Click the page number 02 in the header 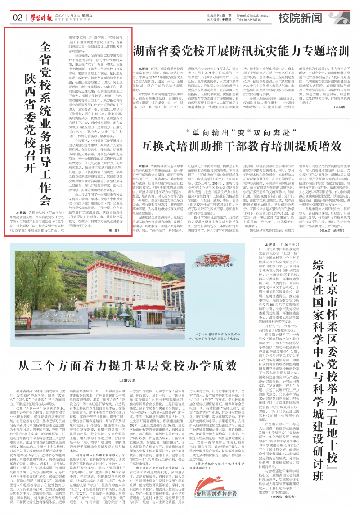tap(18, 18)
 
